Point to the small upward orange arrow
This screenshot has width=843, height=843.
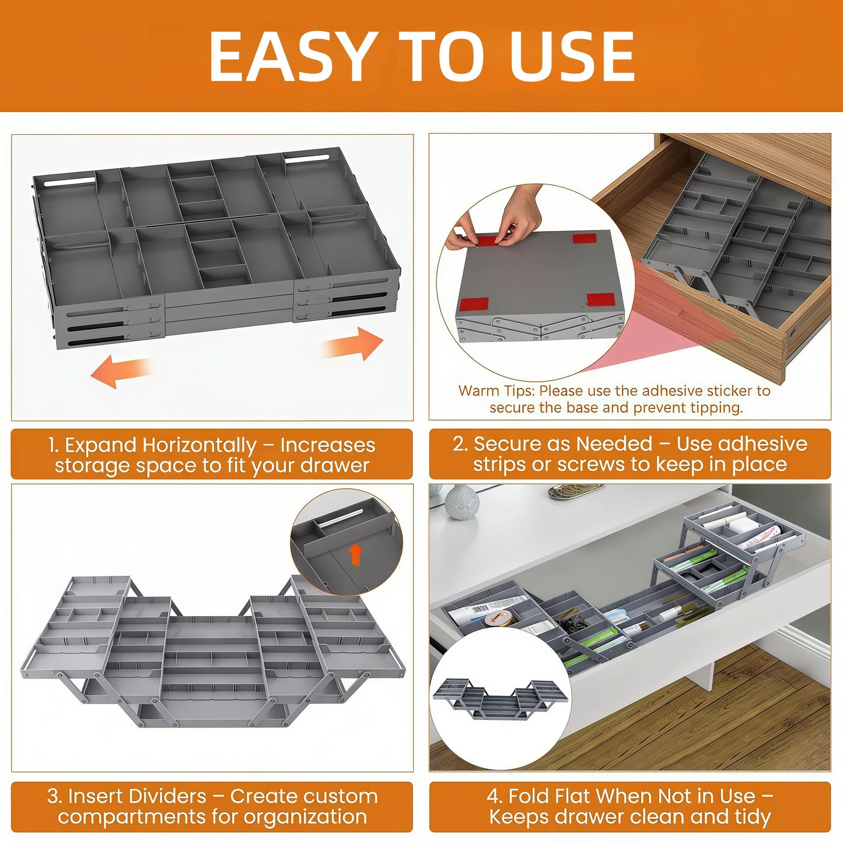point(356,555)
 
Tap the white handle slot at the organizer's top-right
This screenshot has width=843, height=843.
point(306,158)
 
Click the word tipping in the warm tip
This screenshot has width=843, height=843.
point(716,408)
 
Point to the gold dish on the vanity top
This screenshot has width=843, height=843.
point(575,491)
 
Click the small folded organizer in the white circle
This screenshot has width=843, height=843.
point(499,698)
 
